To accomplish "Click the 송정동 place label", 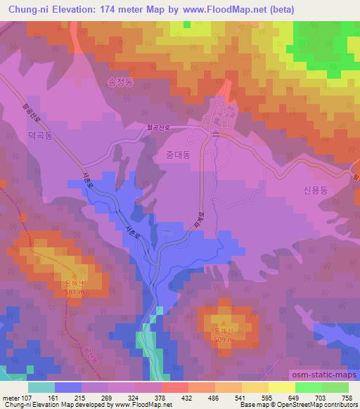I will coord(120,82).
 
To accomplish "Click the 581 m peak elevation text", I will coord(73,292).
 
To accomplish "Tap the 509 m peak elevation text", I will coord(223,343).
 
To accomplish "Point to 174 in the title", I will coord(98,8).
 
